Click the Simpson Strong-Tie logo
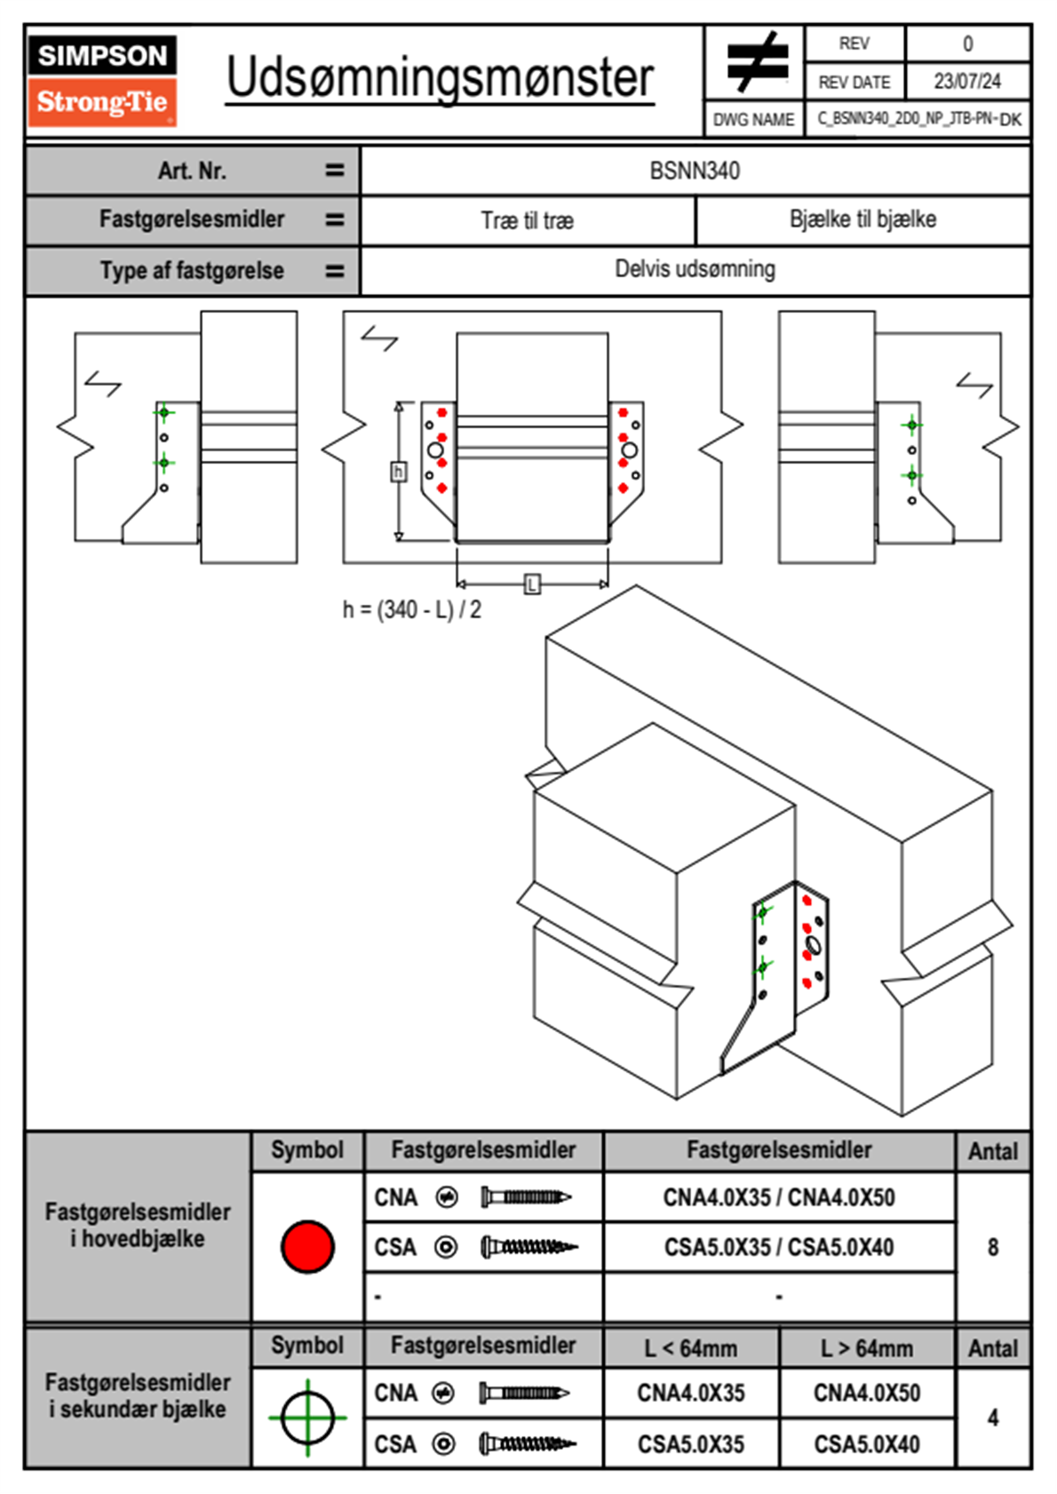click(102, 81)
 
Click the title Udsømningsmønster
click(440, 78)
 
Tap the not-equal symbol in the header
click(757, 62)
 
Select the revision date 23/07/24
click(966, 82)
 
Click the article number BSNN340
click(695, 171)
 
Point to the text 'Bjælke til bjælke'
click(862, 219)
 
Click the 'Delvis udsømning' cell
click(695, 269)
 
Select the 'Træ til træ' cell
click(528, 220)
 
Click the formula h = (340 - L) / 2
click(412, 610)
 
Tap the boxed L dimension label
click(532, 584)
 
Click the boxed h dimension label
click(399, 472)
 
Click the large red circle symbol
click(307, 1246)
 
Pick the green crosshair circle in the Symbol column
click(307, 1418)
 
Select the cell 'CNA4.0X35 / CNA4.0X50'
click(779, 1197)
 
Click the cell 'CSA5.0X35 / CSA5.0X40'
click(779, 1247)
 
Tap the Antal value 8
click(993, 1247)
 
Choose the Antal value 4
click(993, 1418)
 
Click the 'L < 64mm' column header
click(691, 1348)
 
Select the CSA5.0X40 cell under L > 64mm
click(867, 1444)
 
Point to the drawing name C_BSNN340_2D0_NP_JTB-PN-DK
click(919, 118)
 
